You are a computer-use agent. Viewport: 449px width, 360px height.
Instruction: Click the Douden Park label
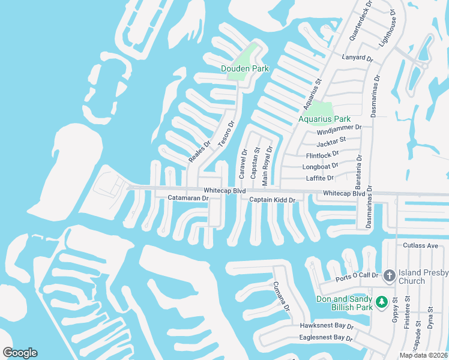click(245, 68)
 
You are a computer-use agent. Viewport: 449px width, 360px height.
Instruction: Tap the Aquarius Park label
click(324, 119)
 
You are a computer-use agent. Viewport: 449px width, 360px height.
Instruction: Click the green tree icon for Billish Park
click(381, 299)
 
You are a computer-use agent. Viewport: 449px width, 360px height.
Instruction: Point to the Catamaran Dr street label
click(188, 198)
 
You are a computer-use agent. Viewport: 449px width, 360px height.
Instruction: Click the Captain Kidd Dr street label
click(273, 200)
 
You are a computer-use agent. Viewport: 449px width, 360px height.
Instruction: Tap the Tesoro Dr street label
click(226, 134)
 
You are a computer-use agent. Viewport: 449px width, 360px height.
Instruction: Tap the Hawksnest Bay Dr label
click(327, 326)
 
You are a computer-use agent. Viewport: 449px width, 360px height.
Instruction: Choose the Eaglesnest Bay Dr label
click(326, 338)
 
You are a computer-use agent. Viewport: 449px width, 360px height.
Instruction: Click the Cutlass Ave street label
click(421, 245)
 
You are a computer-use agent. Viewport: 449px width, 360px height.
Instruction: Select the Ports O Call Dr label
click(358, 276)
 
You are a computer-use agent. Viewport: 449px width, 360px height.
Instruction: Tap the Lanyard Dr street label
click(358, 59)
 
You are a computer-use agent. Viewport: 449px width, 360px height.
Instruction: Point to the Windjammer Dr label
click(339, 128)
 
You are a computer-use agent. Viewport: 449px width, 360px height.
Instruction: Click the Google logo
click(20, 353)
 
